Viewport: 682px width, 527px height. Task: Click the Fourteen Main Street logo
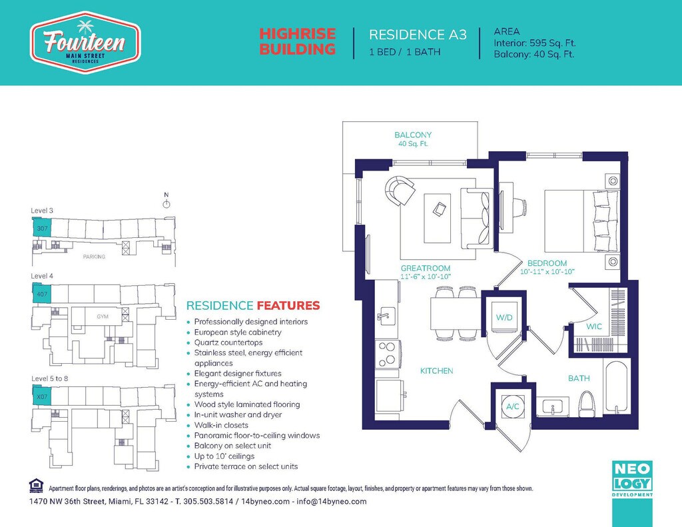click(x=85, y=43)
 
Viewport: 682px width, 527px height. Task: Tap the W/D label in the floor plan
click(x=504, y=317)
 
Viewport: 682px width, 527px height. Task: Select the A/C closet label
click(x=512, y=406)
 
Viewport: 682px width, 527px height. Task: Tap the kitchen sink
click(x=386, y=316)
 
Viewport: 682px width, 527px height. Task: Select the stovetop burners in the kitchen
click(x=387, y=353)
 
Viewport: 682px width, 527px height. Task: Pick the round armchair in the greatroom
click(x=400, y=190)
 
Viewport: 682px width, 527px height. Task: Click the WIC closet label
click(x=593, y=326)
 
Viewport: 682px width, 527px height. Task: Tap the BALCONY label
click(x=413, y=135)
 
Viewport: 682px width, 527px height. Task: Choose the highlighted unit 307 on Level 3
click(x=42, y=228)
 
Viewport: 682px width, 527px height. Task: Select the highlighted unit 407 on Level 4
click(x=42, y=294)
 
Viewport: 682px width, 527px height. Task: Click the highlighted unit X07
click(x=42, y=396)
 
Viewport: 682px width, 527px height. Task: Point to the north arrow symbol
click(x=166, y=203)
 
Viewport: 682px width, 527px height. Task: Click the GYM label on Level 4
click(x=103, y=316)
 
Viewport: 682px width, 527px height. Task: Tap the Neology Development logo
click(x=632, y=478)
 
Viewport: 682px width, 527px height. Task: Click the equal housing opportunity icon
click(x=36, y=485)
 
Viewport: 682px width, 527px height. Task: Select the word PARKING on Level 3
click(x=94, y=257)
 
